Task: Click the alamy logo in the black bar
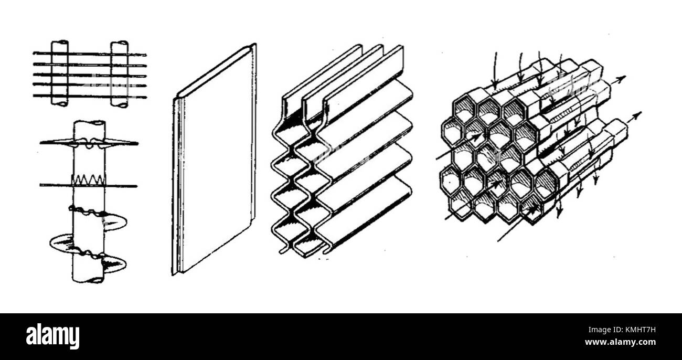click(x=52, y=336)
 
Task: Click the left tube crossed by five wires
click(x=59, y=73)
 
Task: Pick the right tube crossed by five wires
click(x=119, y=73)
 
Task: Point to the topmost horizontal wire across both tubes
click(x=89, y=54)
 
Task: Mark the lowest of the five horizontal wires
click(x=89, y=96)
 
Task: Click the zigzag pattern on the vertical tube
click(x=88, y=179)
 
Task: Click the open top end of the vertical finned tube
click(x=89, y=123)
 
